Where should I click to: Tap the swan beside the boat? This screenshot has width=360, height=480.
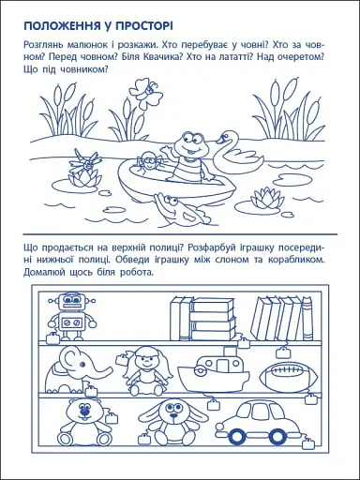coord(227,150)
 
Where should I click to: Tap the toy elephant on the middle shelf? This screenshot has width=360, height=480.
coord(74,367)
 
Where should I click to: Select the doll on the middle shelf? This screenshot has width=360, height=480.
coord(147,369)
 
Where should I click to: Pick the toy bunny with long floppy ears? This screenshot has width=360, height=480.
coord(172,418)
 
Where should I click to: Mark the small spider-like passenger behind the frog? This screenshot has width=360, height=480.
coord(147,165)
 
